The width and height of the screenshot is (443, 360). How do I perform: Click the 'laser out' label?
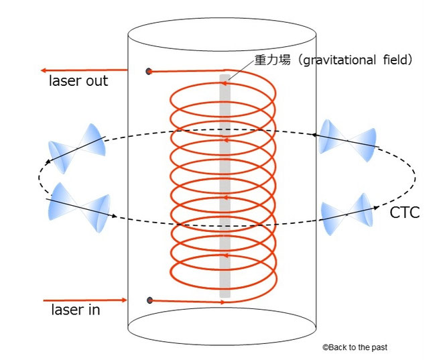tap(78, 82)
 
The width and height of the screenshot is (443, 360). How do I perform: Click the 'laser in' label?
tap(76, 310)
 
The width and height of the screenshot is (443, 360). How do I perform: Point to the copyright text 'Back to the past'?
tap(358, 347)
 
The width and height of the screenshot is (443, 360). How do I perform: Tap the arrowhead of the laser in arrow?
tap(123, 300)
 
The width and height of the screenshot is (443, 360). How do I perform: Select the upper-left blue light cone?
tap(77, 144)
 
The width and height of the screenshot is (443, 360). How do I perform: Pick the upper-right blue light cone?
tap(349, 141)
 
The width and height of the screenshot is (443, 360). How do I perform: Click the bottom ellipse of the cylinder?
tap(221, 328)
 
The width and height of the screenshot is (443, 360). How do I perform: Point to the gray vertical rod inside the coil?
tap(225, 188)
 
